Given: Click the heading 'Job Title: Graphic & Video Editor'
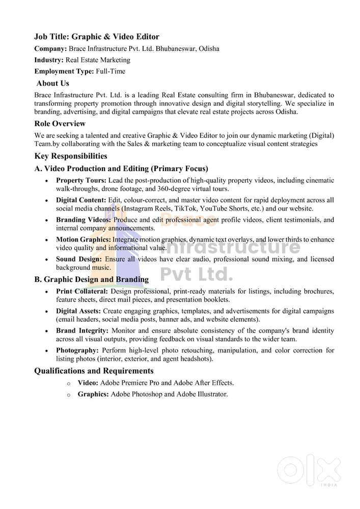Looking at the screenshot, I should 97,37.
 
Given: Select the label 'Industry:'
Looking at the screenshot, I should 49,60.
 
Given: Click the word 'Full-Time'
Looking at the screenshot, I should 110,72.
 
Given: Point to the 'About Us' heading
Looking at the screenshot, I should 53,83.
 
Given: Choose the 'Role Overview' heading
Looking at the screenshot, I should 60,124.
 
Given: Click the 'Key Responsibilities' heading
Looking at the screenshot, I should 71,156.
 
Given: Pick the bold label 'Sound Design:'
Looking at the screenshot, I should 78,259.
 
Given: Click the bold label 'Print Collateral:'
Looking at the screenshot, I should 82,291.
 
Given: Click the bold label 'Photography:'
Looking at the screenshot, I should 77,351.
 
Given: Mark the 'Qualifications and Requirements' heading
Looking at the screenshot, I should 94,371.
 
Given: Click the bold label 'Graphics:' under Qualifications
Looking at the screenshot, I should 93,394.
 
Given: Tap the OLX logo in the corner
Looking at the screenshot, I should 311,471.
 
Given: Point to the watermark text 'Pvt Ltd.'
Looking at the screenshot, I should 197,275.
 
